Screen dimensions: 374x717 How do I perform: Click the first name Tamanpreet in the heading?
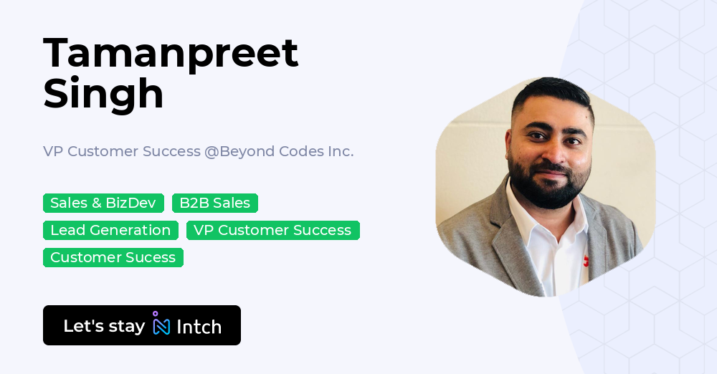click(x=171, y=53)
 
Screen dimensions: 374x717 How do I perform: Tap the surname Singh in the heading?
click(x=103, y=93)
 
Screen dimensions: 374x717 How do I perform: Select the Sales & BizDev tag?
click(x=103, y=203)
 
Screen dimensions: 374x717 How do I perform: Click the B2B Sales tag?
click(x=214, y=203)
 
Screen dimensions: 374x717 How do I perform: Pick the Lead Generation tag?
click(x=110, y=230)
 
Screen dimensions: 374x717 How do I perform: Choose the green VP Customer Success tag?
click(x=272, y=230)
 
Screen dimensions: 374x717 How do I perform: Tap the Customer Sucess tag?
click(x=113, y=257)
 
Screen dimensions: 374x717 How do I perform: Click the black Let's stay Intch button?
click(x=141, y=325)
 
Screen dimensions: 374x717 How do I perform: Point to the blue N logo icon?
click(x=161, y=325)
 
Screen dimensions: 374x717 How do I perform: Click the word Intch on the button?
click(x=199, y=327)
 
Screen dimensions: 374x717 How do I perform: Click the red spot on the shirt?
click(x=587, y=262)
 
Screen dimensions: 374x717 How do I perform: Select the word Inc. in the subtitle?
click(x=341, y=151)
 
